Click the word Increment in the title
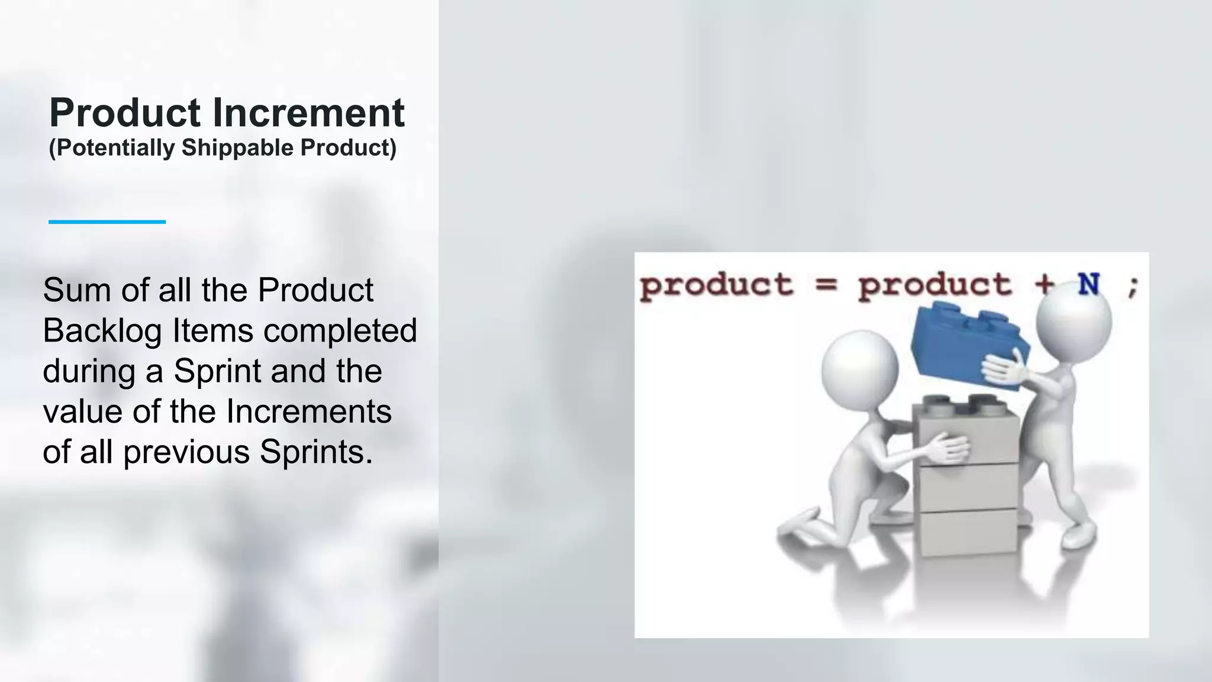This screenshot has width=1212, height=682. (308, 112)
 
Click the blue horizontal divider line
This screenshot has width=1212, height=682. (107, 222)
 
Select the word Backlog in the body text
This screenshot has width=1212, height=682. (102, 331)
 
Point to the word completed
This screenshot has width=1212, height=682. (340, 331)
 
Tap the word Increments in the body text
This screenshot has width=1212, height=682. (309, 411)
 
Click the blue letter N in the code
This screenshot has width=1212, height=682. (1088, 285)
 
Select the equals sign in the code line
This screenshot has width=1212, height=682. (826, 285)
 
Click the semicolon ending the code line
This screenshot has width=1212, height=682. (1132, 288)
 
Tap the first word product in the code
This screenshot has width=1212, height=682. (716, 286)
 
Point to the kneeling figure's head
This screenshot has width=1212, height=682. (859, 368)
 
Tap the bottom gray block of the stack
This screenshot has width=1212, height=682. (968, 532)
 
